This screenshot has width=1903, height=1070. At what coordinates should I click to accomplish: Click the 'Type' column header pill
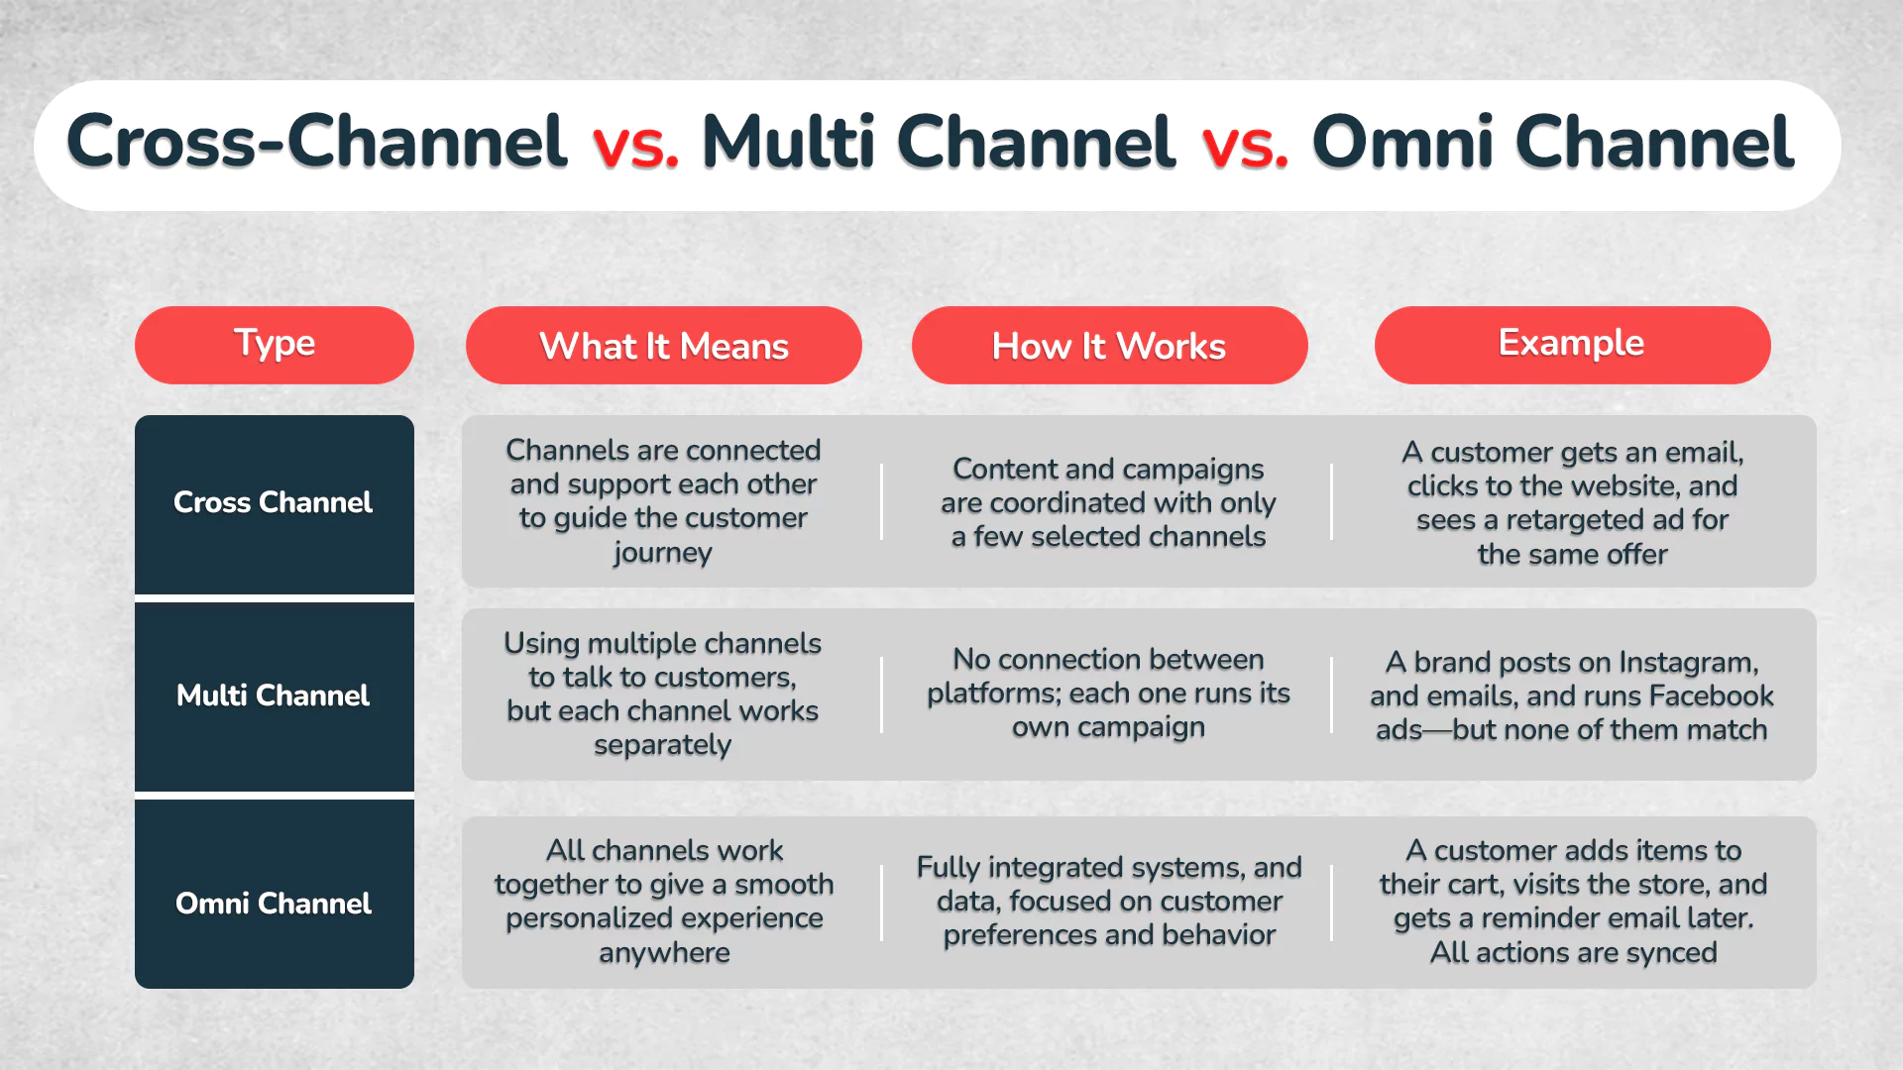coord(275,344)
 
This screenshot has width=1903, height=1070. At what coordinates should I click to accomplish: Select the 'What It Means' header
coord(663,346)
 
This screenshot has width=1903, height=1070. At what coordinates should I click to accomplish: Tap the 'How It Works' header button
coord(1109,346)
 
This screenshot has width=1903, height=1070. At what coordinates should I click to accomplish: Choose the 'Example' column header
coord(1571,343)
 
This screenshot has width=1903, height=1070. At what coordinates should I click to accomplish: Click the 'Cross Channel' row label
coord(274,502)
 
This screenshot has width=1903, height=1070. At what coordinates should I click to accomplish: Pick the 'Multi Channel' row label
coord(274,695)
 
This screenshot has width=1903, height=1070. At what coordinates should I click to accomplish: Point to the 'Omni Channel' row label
coord(274,904)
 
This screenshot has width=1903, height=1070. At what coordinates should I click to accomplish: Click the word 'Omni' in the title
coord(1402,142)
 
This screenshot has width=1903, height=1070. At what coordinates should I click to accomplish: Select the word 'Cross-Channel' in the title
coord(316,142)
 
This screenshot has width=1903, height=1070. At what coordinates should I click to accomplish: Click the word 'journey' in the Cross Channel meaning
coord(662,553)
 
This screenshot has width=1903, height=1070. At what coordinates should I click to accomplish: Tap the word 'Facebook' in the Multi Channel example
coord(1711,695)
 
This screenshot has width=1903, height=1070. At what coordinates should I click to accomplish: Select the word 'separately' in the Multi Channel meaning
coord(662,745)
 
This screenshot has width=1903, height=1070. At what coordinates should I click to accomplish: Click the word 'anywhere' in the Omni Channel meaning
coord(664,953)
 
